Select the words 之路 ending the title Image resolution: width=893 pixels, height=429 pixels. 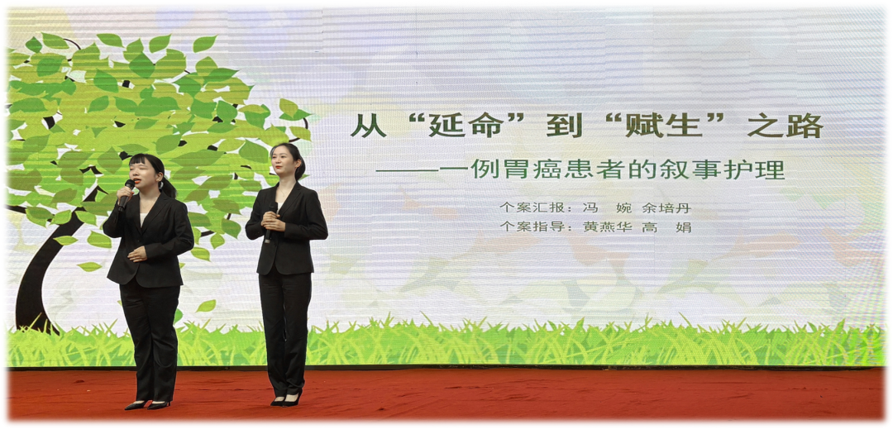coord(786,126)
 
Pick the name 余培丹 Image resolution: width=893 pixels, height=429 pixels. coord(666,207)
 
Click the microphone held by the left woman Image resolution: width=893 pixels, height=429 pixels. coord(126,193)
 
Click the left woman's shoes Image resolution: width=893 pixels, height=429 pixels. coord(147,405)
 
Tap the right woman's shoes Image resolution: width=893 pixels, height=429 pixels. coord(286,400)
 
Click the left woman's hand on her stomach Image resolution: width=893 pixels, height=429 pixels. coord(136,253)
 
